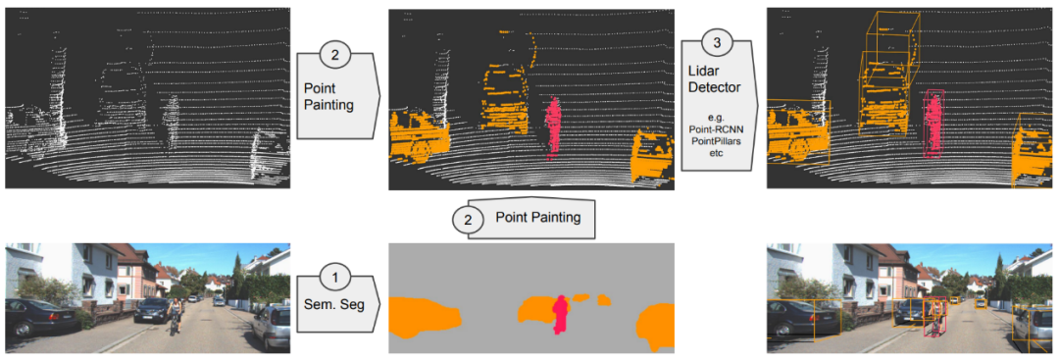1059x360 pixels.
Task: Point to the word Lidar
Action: [703, 72]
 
